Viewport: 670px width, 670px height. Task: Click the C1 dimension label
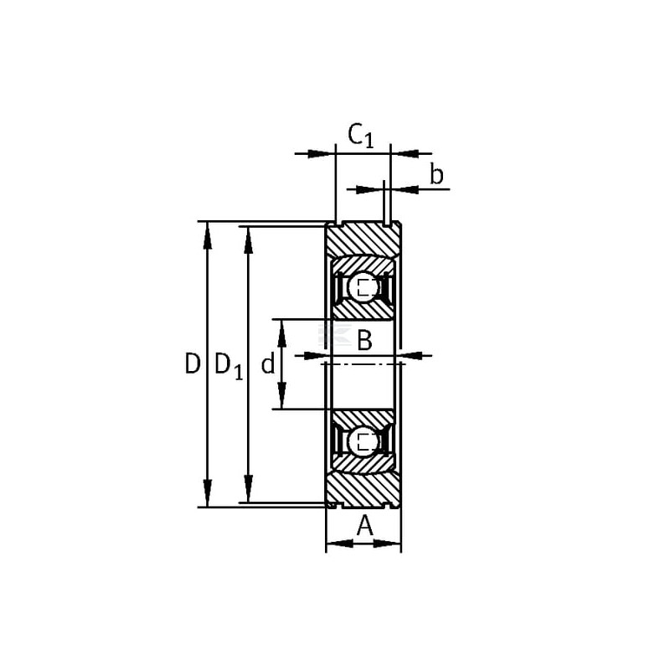pos(361,136)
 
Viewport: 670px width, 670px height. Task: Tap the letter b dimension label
pos(436,175)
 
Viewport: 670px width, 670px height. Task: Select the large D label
pos(193,364)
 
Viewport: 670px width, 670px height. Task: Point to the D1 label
pos(229,366)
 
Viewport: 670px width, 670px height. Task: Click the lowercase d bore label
pos(268,364)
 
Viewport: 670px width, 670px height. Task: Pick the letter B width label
pos(364,341)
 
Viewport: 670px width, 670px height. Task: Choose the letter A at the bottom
pos(365,526)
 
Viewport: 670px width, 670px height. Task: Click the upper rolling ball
pos(363,287)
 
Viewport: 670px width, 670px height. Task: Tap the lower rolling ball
pos(363,441)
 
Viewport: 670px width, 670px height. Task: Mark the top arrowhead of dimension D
pos(207,235)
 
